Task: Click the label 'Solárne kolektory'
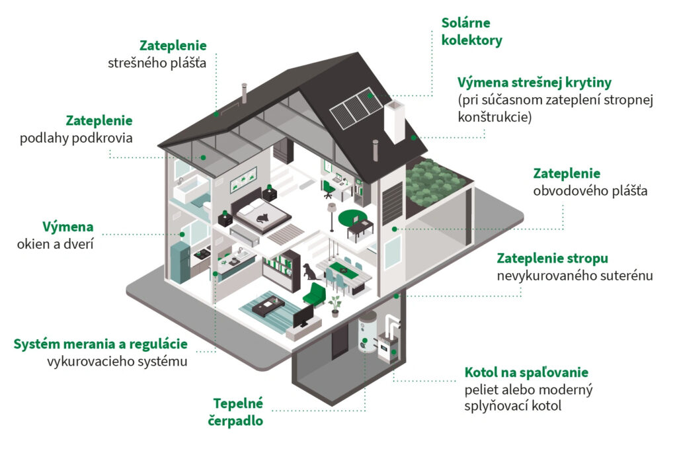(x=471, y=32)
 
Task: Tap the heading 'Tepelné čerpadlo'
(x=236, y=412)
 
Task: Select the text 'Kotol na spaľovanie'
(x=526, y=372)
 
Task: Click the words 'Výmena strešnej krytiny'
(x=534, y=83)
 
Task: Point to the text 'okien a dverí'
(x=56, y=245)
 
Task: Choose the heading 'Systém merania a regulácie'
(x=100, y=344)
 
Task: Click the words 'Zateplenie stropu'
(x=552, y=258)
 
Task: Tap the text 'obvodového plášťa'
(x=590, y=191)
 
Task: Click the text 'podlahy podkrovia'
(x=77, y=138)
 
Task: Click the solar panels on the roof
(x=356, y=108)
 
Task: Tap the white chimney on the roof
(x=394, y=122)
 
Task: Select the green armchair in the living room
(x=314, y=294)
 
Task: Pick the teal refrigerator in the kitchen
(x=180, y=263)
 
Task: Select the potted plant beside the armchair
(x=335, y=306)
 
